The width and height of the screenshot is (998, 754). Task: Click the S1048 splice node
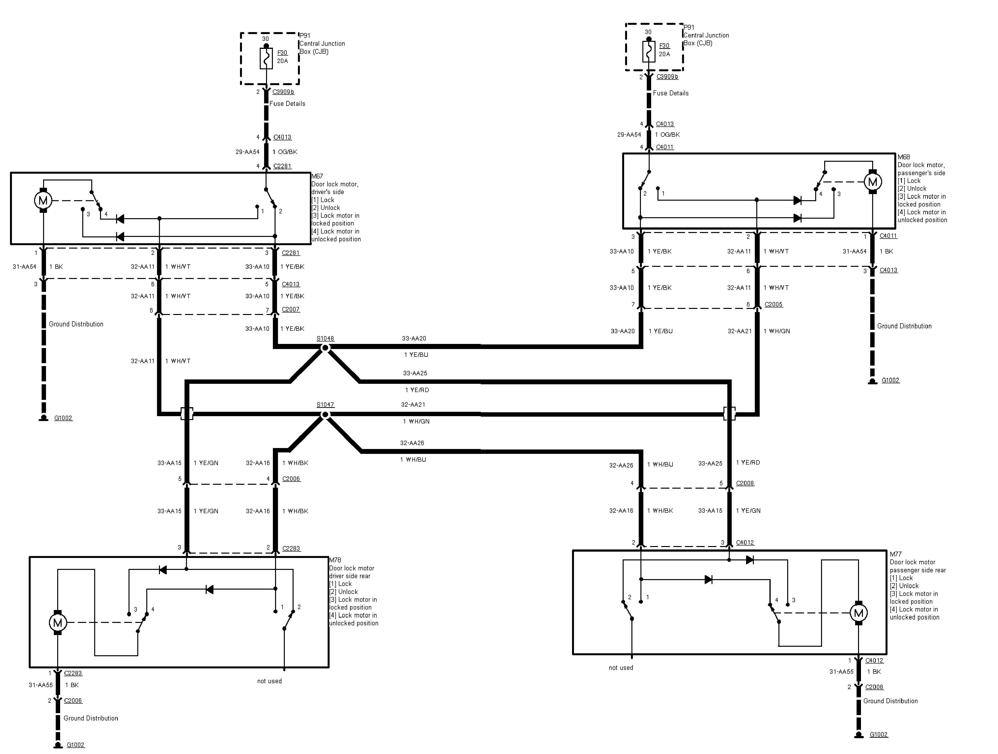[325, 348]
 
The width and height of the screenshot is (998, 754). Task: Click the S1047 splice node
[325, 414]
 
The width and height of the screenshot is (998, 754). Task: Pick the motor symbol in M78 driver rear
[58, 623]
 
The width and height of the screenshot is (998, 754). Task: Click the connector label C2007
[291, 309]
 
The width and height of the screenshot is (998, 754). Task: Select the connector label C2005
[773, 304]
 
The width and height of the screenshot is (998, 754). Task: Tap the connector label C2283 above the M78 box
[291, 548]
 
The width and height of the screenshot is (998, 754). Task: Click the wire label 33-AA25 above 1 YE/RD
[415, 373]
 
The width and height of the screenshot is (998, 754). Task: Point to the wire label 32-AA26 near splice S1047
[412, 443]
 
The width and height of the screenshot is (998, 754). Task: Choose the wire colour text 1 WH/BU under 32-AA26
[413, 459]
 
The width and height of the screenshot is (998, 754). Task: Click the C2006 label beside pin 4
[291, 479]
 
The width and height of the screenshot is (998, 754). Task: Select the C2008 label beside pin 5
[745, 483]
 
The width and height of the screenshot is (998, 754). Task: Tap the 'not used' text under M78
[269, 681]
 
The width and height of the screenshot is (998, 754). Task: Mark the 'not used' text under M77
[621, 668]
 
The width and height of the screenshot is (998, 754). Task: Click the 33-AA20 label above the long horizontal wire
[414, 338]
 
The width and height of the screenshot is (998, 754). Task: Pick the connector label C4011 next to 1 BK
[888, 236]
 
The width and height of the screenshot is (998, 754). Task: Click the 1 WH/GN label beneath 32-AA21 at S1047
[416, 421]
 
